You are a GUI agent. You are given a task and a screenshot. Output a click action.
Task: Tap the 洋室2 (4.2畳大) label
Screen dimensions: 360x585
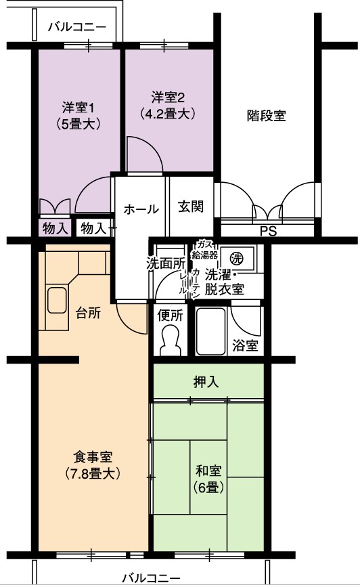coord(168,106)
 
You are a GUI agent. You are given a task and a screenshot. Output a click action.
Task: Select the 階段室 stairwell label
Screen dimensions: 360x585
coord(266,116)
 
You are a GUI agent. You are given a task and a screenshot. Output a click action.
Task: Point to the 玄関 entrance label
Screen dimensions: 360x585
coord(191,207)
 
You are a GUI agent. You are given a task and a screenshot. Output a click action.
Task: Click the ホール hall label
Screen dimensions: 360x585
coord(141,209)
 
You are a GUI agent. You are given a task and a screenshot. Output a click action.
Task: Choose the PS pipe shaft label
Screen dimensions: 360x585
coord(268,232)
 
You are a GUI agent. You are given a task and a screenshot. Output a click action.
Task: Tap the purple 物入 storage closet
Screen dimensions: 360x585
coord(55,228)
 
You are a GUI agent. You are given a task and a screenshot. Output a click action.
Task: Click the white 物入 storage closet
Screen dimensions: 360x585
coord(93,228)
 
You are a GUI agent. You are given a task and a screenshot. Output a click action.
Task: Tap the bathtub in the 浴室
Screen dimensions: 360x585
coord(210,331)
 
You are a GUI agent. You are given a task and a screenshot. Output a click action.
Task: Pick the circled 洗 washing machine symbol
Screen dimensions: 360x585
coord(235,257)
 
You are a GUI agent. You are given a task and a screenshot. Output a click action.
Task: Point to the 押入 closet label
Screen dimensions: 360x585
coord(206,382)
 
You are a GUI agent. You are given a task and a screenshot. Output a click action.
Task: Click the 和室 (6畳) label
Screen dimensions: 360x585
coord(208,479)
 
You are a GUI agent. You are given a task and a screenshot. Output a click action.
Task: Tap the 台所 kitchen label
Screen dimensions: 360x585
coord(88,313)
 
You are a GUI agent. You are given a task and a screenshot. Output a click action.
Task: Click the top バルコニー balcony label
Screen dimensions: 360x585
coord(78,27)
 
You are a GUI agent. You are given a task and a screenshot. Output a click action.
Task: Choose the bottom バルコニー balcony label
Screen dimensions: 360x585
coord(152,578)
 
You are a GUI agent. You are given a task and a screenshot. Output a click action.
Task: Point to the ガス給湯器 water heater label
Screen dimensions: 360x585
coord(204,250)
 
